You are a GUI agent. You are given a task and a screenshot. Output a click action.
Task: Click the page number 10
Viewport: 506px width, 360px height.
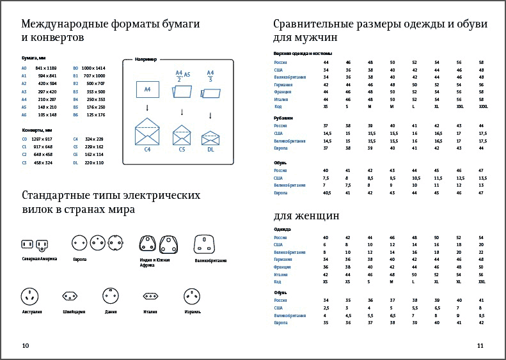tap(26, 346)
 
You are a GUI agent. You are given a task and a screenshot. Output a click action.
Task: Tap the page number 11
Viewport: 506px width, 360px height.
tap(480, 346)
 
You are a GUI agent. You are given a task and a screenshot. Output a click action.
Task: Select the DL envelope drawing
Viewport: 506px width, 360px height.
tap(210, 139)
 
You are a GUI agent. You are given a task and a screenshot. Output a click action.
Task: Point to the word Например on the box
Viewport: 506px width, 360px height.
tap(146, 59)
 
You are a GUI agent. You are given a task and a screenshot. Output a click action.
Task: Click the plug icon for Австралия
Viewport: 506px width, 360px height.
tap(29, 295)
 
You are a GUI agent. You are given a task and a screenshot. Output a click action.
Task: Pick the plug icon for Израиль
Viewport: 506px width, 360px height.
tap(193, 295)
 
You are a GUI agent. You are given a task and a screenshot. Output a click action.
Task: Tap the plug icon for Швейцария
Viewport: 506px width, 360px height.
tap(70, 295)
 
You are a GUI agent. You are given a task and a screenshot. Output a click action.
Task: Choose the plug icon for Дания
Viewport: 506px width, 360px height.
tap(111, 295)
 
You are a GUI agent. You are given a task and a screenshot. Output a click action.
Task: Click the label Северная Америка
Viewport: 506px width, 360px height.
tap(40, 258)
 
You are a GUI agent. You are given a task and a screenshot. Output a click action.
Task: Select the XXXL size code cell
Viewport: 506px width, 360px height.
tap(482, 106)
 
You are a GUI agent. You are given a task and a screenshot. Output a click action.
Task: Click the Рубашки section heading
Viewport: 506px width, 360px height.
tap(283, 118)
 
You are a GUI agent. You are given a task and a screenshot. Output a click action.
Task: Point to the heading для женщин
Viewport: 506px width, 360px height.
tap(306, 215)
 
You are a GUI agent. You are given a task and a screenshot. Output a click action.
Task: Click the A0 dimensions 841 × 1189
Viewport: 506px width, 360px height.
tap(46, 68)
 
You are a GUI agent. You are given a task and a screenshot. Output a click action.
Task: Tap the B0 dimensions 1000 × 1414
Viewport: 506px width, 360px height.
tap(93, 68)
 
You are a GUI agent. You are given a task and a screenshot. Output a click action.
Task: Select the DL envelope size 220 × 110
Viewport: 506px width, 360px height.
tap(95, 162)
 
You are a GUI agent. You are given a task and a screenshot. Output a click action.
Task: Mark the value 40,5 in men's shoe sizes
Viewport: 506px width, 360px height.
tap(327, 192)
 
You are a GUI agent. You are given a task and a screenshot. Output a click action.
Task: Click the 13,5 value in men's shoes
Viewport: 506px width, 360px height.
tap(482, 178)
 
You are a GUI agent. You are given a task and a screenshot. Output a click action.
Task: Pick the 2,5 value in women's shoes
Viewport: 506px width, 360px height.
tap(326, 308)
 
